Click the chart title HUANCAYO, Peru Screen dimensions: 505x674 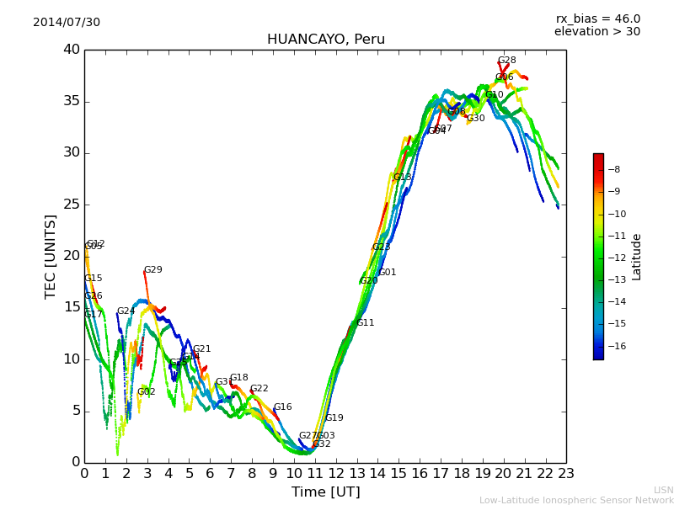click(325, 40)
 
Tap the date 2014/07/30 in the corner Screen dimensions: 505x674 click(67, 23)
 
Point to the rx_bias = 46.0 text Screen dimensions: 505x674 click(597, 19)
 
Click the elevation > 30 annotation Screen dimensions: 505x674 click(596, 32)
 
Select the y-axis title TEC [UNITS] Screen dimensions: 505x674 click(51, 256)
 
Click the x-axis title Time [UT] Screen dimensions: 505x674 click(325, 492)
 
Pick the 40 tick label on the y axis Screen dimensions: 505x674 click(71, 50)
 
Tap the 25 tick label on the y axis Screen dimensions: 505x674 click(71, 205)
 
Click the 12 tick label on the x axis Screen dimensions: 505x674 click(335, 474)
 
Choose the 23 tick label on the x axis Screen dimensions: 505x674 click(566, 474)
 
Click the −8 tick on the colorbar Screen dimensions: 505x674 click(615, 169)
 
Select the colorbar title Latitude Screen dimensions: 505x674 click(637, 257)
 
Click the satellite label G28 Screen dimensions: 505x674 click(506, 61)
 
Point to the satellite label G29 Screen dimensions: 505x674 click(152, 270)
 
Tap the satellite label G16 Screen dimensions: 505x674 click(282, 407)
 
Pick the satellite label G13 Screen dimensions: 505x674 click(403, 178)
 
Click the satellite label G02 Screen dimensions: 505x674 click(146, 392)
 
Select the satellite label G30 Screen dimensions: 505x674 click(475, 119)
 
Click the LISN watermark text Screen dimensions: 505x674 click(663, 490)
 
